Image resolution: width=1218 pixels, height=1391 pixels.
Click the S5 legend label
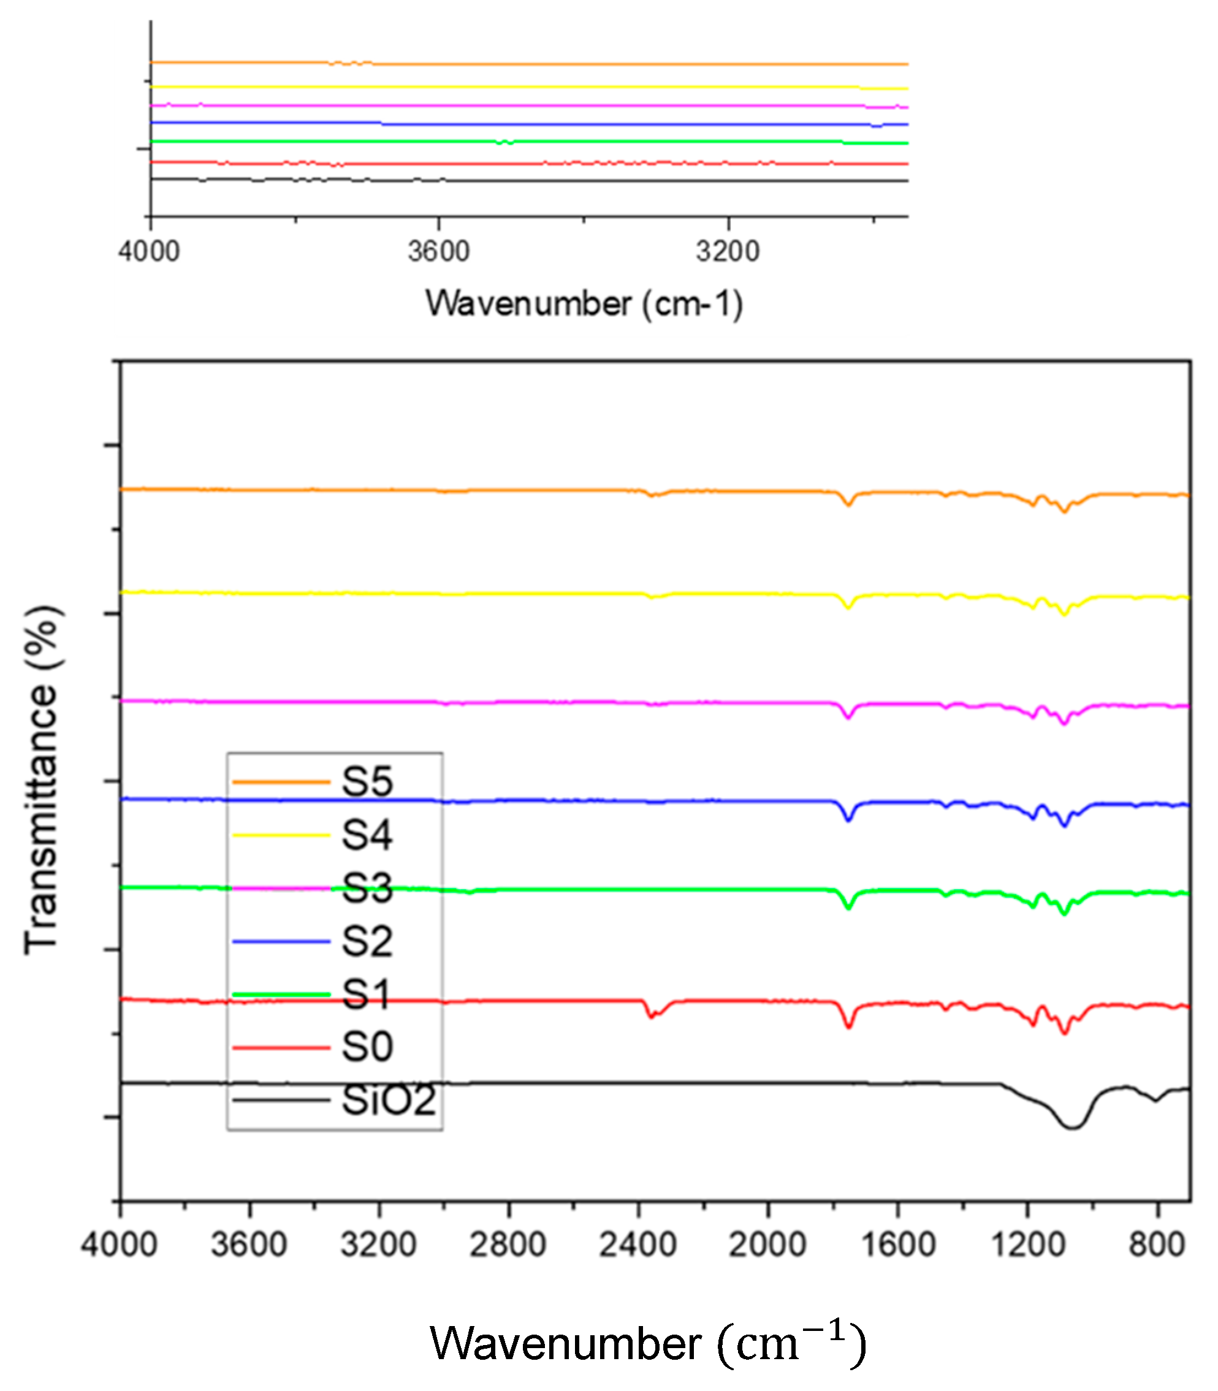pos(367,781)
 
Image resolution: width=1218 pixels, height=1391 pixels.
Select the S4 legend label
pos(367,835)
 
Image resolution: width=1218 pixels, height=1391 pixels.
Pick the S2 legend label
pos(367,941)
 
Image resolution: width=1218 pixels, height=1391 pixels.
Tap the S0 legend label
pos(367,1047)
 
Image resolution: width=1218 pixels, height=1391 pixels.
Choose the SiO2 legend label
pos(388,1100)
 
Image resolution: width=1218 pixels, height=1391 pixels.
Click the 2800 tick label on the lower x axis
pos(508,1245)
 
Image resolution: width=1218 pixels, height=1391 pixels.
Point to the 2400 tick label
pos(638,1245)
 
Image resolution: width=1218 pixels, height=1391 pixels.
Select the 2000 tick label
pos(767,1245)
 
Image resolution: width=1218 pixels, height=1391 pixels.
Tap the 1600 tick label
pos(898,1245)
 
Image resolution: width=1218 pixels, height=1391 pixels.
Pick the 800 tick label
pos(1157,1245)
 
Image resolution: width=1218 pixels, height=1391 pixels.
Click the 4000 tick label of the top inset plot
pos(149,252)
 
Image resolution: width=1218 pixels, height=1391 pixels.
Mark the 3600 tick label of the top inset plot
pos(438,252)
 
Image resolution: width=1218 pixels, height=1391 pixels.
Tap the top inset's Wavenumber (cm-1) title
pos(584,303)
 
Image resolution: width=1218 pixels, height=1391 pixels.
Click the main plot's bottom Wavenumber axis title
pos(648,1343)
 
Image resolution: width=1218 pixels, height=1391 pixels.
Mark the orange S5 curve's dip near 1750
pos(848,504)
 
